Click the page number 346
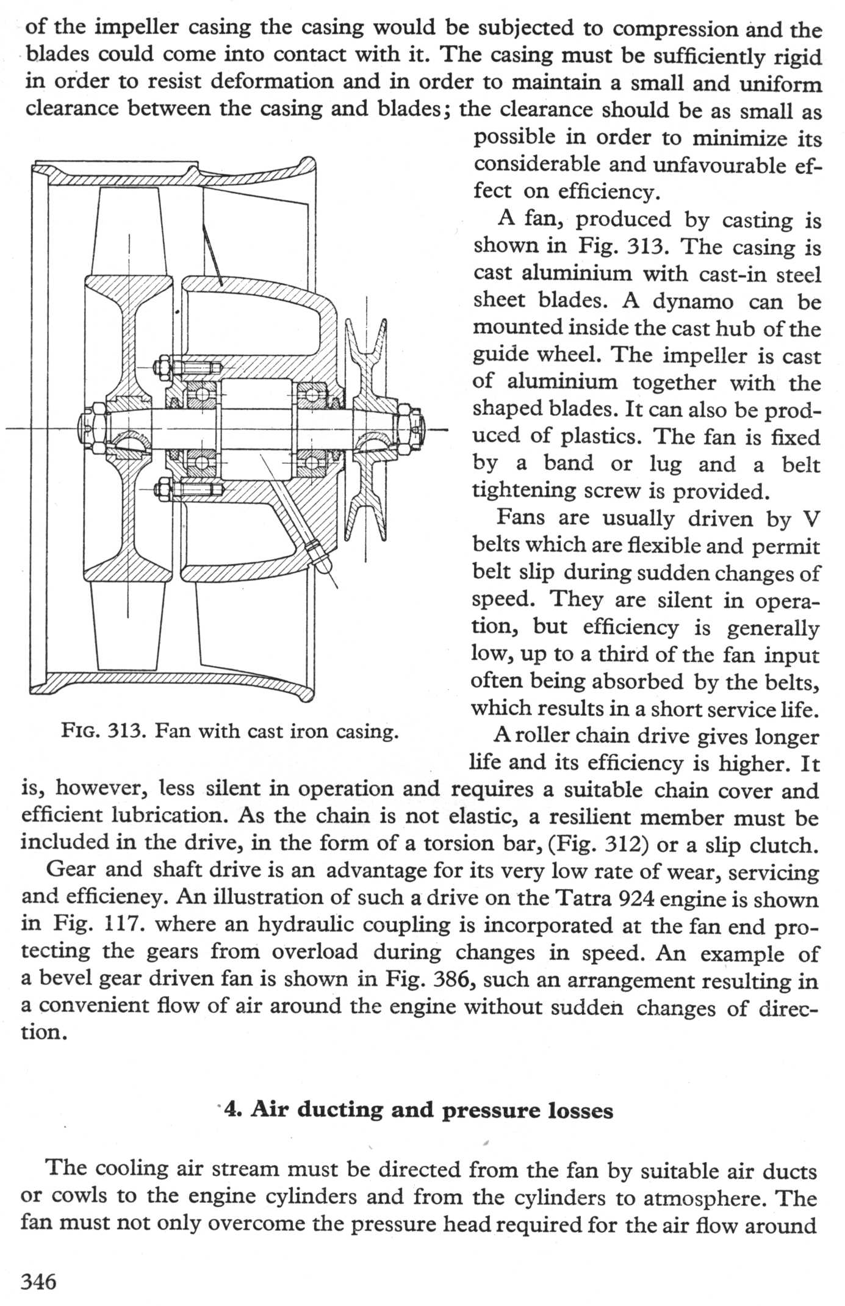tap(38, 1280)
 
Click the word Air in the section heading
tap(270, 1109)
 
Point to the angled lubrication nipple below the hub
tap(319, 554)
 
